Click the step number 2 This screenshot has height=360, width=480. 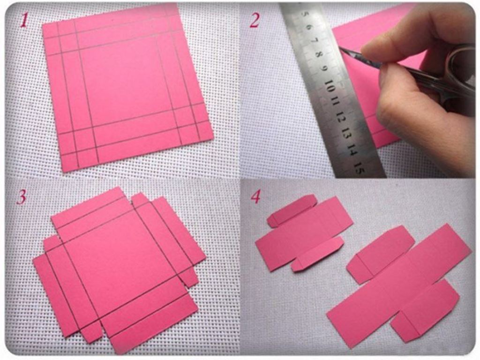(255, 21)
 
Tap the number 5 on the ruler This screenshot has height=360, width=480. (304, 14)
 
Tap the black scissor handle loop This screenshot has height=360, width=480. (459, 70)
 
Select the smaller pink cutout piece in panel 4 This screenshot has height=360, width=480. (303, 232)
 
